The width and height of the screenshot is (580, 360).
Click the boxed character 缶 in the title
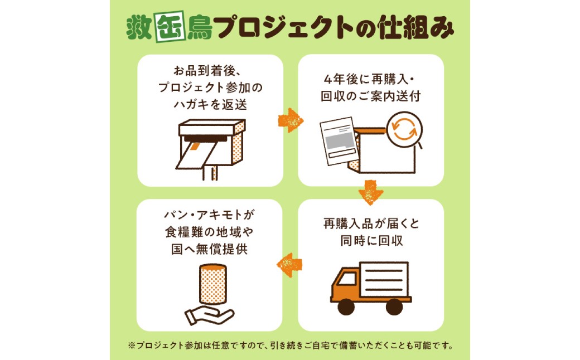[170, 27]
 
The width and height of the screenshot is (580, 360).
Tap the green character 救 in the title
[139, 28]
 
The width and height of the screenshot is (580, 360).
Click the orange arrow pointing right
[291, 120]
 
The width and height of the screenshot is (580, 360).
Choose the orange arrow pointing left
[289, 265]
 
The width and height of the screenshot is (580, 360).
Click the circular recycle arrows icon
[404, 129]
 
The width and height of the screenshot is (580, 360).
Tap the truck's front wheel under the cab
[346, 307]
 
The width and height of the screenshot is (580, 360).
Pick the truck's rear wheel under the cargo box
[394, 307]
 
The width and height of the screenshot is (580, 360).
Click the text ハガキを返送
[210, 105]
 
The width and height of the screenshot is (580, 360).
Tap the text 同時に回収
[371, 241]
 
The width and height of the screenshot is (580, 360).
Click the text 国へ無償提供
[209, 249]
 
